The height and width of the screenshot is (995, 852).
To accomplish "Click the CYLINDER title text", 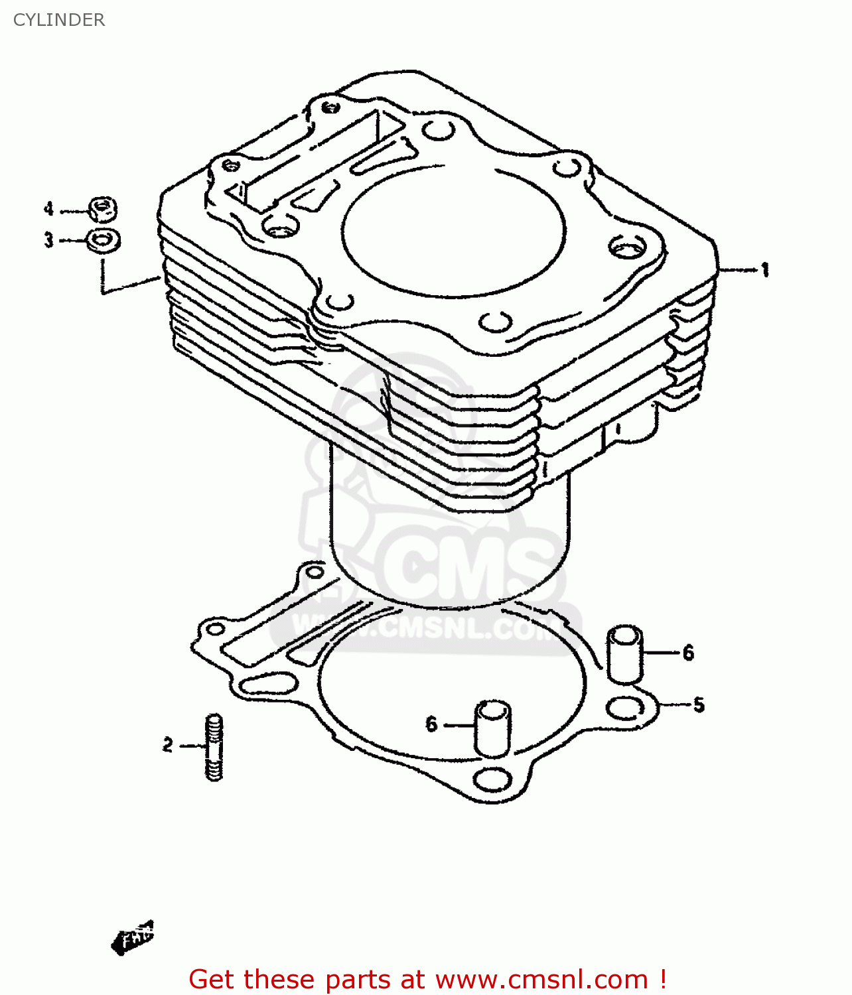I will (x=59, y=20).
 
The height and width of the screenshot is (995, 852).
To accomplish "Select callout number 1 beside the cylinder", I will (x=765, y=270).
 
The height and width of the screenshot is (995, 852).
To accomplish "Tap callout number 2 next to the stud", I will (x=167, y=745).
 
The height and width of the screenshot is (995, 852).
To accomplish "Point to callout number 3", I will (x=48, y=239).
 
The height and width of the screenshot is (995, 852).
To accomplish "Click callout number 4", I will (x=48, y=210).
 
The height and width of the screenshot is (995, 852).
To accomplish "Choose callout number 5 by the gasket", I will (x=699, y=704).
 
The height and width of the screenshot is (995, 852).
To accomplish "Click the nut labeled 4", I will (x=103, y=210).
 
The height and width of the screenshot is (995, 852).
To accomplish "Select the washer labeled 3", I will (x=104, y=240).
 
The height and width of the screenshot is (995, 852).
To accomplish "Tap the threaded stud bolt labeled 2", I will (x=214, y=747).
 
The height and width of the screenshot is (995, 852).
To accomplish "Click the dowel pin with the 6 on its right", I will (x=624, y=654).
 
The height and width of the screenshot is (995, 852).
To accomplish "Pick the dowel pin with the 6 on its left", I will (x=492, y=728).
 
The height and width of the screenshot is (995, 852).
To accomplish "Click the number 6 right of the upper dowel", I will (x=688, y=653).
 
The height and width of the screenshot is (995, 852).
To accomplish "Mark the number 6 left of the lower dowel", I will (x=431, y=724).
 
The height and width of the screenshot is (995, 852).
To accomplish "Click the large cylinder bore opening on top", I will (x=455, y=229).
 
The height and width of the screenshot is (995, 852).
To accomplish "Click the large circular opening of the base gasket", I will (x=451, y=683).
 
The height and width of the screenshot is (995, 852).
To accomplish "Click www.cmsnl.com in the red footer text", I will (x=541, y=979).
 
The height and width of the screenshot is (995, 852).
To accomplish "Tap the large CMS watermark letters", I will (x=464, y=564).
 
